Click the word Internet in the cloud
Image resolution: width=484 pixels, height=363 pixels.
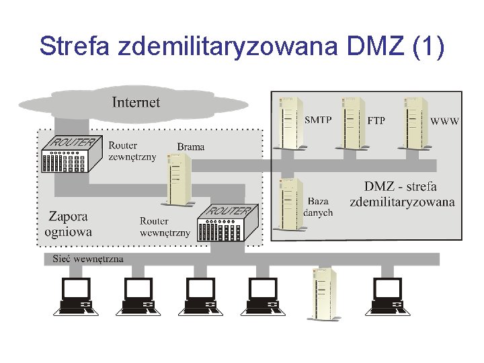(136, 102)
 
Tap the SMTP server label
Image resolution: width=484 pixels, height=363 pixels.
(318, 121)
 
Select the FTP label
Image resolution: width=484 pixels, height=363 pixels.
(376, 121)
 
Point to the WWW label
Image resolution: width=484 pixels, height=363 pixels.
(445, 121)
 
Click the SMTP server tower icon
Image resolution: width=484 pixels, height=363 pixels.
(290, 122)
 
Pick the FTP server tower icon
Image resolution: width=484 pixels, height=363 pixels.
(353, 122)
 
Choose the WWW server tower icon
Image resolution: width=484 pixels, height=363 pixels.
(415, 122)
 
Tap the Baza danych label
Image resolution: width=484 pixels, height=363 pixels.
(318, 207)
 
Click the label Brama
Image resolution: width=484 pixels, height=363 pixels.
(191, 147)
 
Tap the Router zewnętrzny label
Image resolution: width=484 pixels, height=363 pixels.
(132, 151)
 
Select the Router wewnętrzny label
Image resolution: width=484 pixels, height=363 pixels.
(165, 227)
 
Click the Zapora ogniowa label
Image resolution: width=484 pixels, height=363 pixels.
(68, 225)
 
